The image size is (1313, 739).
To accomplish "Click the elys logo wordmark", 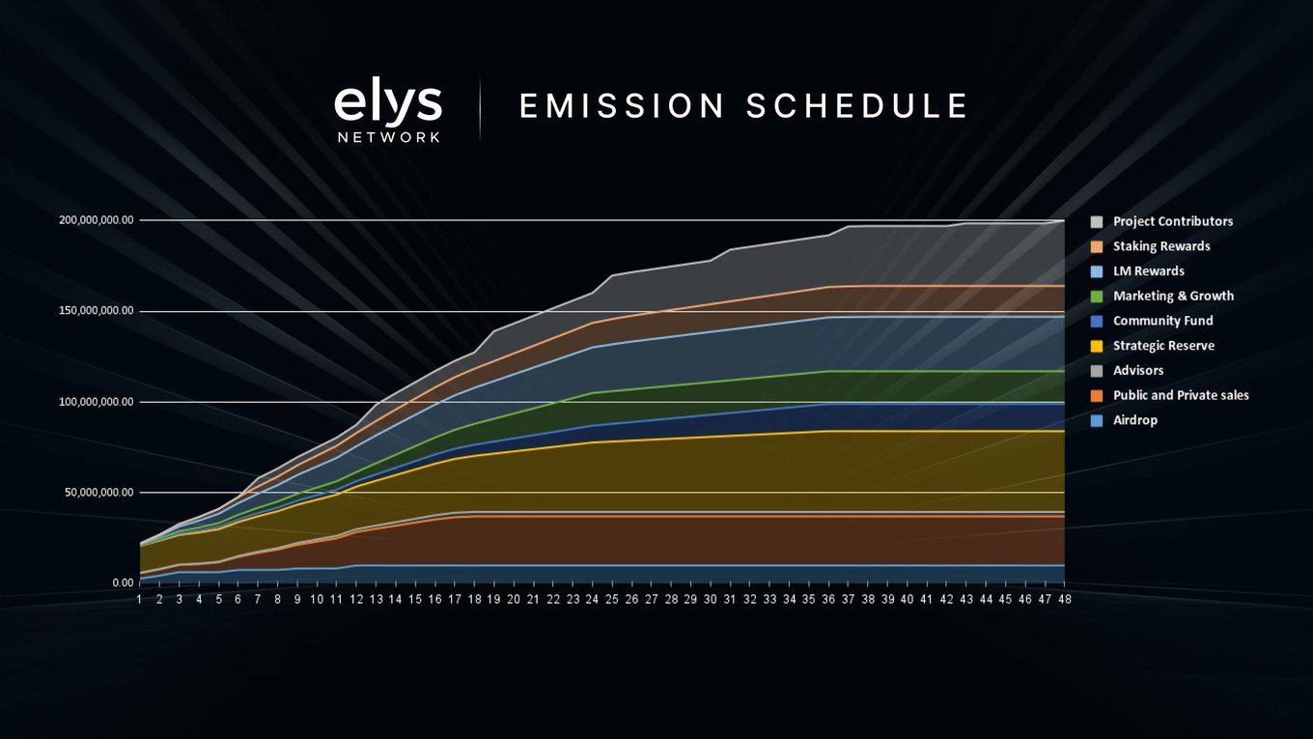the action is pyautogui.click(x=388, y=104).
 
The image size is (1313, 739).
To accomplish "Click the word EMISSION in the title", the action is pyautogui.click(x=622, y=106).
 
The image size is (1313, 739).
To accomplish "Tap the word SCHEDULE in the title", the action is pyautogui.click(x=857, y=106).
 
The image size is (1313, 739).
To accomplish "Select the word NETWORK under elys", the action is pyautogui.click(x=389, y=137).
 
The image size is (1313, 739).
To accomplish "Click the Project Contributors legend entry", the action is pyautogui.click(x=1161, y=222).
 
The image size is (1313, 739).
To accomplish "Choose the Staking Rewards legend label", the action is pyautogui.click(x=1161, y=246).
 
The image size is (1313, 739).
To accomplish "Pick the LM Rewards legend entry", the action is pyautogui.click(x=1137, y=271).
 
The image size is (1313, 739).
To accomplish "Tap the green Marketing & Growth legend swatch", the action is pyautogui.click(x=1096, y=297).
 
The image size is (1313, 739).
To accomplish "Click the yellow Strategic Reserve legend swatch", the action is pyautogui.click(x=1096, y=347).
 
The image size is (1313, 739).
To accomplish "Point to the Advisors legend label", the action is pyautogui.click(x=1138, y=371).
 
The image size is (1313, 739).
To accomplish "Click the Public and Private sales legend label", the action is pyautogui.click(x=1181, y=396).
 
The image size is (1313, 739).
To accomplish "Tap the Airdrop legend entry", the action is pyautogui.click(x=1124, y=420).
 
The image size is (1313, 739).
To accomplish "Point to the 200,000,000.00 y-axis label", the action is pyautogui.click(x=97, y=220).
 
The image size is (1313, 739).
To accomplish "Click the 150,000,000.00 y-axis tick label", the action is pyautogui.click(x=97, y=311).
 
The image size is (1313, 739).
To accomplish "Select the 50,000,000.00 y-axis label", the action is pyautogui.click(x=99, y=493).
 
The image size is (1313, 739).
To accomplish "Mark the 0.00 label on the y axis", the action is pyautogui.click(x=124, y=583).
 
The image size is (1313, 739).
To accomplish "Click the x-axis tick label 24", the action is pyautogui.click(x=592, y=599).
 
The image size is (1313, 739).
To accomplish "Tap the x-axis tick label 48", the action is pyautogui.click(x=1065, y=599).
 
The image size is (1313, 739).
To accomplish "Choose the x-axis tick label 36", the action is pyautogui.click(x=828, y=599).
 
